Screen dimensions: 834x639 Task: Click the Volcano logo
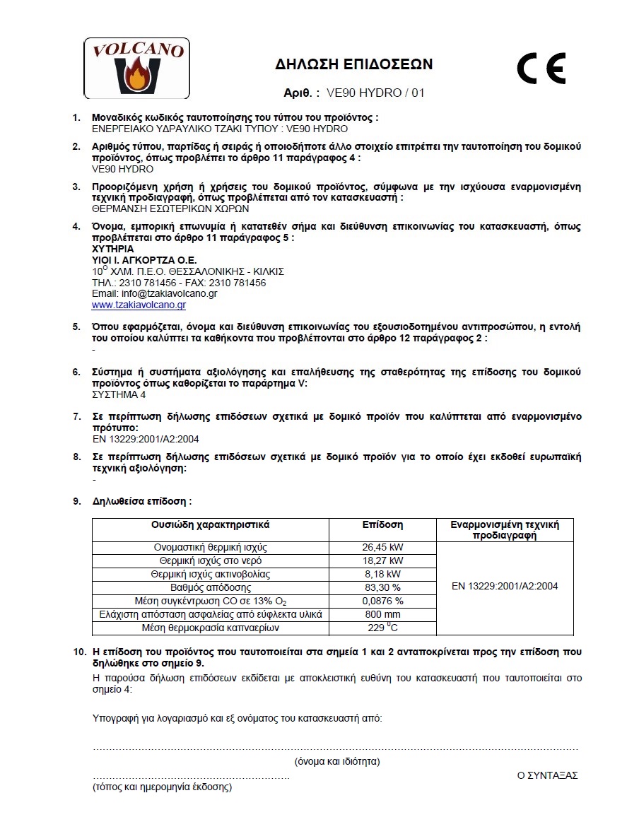136,68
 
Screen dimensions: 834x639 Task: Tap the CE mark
541,69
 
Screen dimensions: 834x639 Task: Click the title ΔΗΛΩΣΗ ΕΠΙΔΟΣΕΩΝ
353,65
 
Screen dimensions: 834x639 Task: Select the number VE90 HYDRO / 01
376,93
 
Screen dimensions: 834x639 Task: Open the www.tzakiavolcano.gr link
139,305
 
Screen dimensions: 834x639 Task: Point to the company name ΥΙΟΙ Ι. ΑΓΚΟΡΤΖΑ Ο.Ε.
144,261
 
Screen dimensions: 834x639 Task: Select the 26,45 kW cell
382,548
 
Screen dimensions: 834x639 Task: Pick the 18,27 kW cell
382,560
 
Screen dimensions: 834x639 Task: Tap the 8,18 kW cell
382,574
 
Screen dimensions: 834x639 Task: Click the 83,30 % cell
382,587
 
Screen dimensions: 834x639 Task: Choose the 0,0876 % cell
382,601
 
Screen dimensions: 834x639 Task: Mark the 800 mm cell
382,614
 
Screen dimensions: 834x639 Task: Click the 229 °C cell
382,628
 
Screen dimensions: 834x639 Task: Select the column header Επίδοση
382,525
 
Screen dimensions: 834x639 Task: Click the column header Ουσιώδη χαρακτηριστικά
211,525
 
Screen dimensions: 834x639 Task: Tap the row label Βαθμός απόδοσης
211,587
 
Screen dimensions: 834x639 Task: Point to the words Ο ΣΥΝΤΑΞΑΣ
547,775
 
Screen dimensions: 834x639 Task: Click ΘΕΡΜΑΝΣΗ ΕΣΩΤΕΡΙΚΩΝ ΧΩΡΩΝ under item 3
170,209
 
